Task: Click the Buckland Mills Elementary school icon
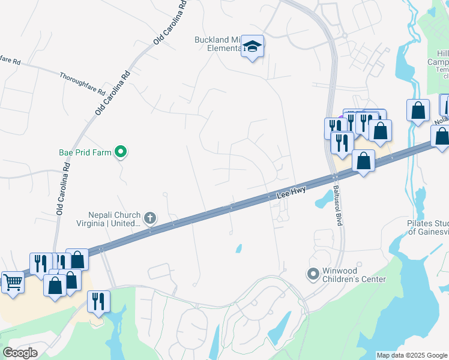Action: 253,46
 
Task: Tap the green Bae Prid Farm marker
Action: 121,152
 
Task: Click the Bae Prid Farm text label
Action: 85,152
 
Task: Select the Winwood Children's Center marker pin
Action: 312,275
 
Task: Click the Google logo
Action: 20,353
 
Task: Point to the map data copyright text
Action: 411,355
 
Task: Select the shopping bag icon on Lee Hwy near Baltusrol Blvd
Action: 363,161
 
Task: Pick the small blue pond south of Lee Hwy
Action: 239,248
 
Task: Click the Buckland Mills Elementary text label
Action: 217,44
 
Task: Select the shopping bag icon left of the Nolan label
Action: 418,110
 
